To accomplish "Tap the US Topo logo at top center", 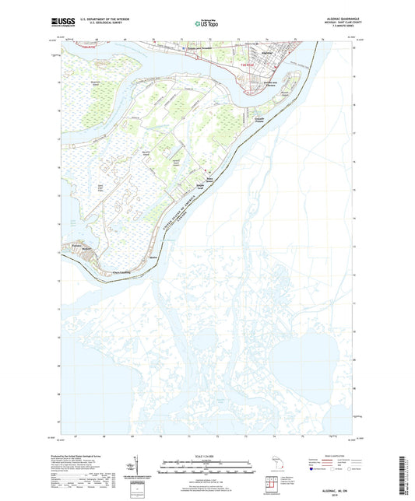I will coord(206,24).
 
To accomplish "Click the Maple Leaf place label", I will coord(199,187).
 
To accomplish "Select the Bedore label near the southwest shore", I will coord(87,251).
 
